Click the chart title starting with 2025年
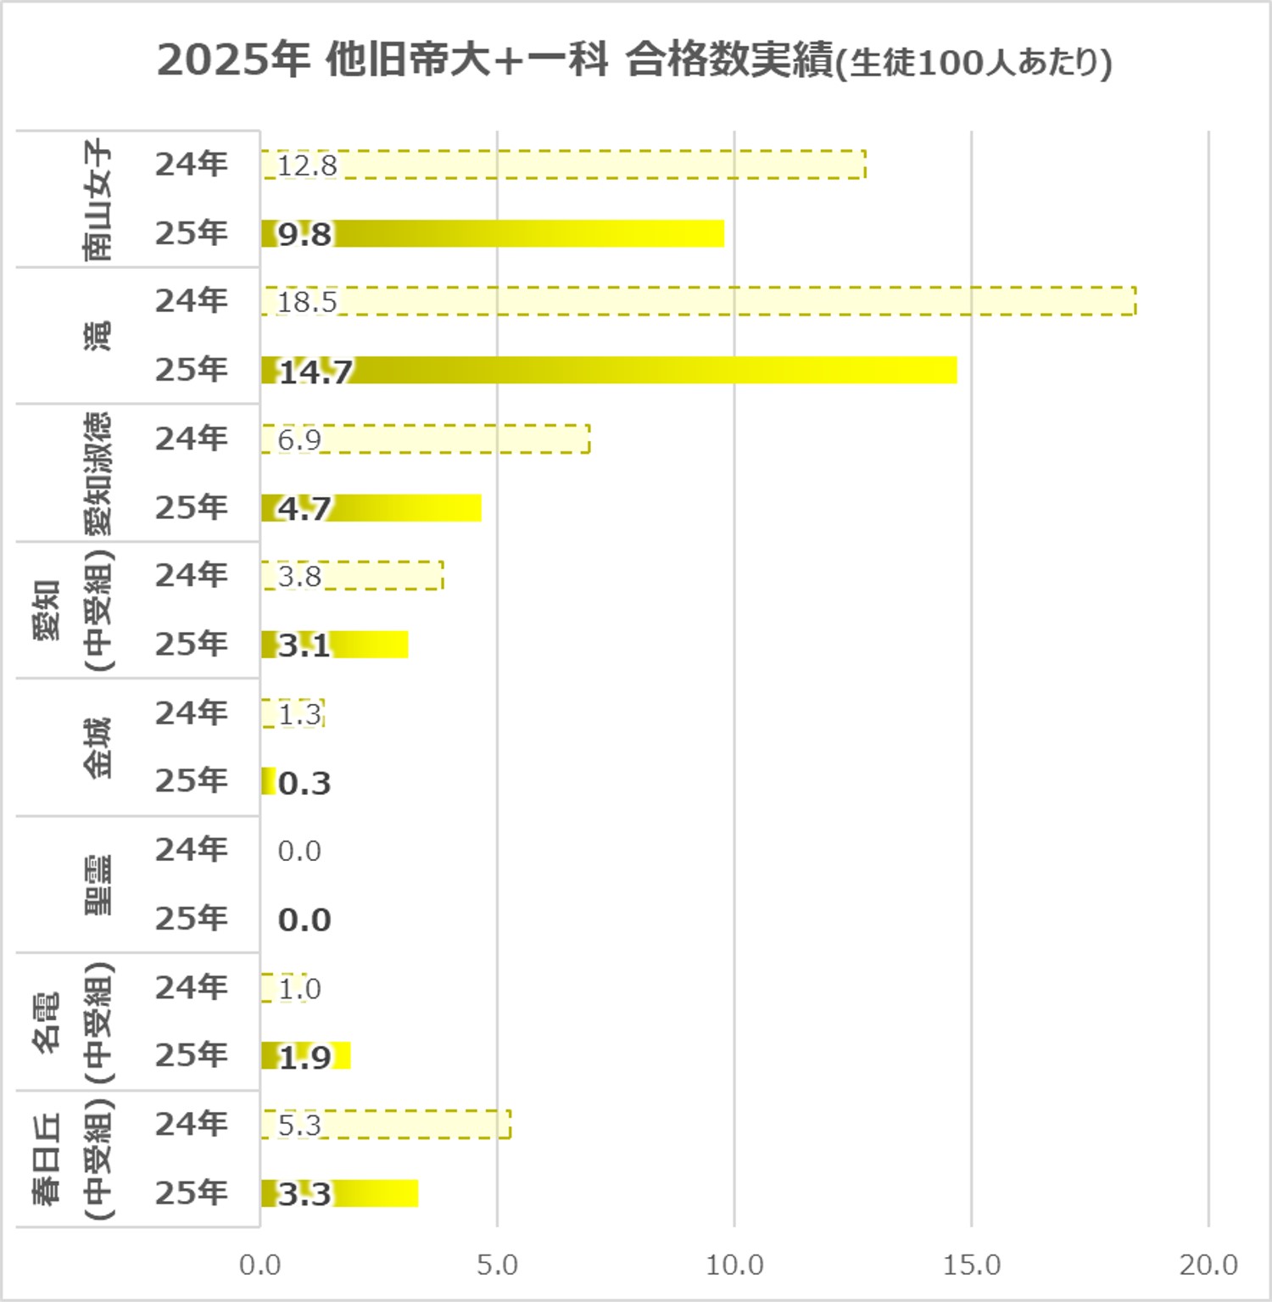pos(634,61)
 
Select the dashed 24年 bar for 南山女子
pos(563,165)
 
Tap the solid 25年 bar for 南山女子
pos(492,233)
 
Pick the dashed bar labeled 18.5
pos(698,301)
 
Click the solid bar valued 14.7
pos(609,371)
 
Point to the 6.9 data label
pos(299,439)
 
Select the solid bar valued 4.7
pos(371,508)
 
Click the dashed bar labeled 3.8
pos(352,576)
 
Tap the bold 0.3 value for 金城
pos(304,783)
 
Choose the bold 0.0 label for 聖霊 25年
pos(304,920)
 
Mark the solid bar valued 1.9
pos(305,1056)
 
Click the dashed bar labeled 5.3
pos(386,1125)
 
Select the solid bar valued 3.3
pos(339,1193)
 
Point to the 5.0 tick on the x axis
pos(497,1266)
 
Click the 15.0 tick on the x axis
pos(972,1266)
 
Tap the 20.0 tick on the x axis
pos(1208,1266)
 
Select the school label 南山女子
pos(97,199)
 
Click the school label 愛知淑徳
pos(97,473)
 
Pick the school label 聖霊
pos(97,885)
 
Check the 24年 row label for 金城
pos(192,713)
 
